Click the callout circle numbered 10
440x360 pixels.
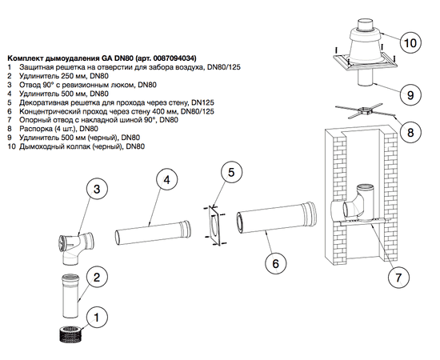pyautogui.click(x=410, y=42)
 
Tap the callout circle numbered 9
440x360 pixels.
pyautogui.click(x=410, y=95)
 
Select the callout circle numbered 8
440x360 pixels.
pyautogui.click(x=410, y=132)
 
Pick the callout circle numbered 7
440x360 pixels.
pyautogui.click(x=398, y=277)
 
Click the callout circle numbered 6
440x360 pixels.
pyautogui.click(x=276, y=263)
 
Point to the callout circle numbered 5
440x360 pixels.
pyautogui.click(x=231, y=172)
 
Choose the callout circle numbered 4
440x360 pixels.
pyautogui.click(x=167, y=180)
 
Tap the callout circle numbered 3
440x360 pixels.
pyautogui.click(x=96, y=189)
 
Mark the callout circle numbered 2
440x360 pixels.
pyautogui.click(x=97, y=278)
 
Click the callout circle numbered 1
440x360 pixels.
pyautogui.click(x=97, y=318)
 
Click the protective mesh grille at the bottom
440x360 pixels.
pyautogui.click(x=70, y=334)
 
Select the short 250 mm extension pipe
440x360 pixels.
pyautogui.click(x=70, y=296)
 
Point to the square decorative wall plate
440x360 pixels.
pyautogui.click(x=214, y=226)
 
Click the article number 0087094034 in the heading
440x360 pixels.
pyautogui.click(x=175, y=58)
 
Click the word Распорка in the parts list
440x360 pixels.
pyautogui.click(x=33, y=129)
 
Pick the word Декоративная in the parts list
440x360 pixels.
pyautogui.click(x=41, y=102)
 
